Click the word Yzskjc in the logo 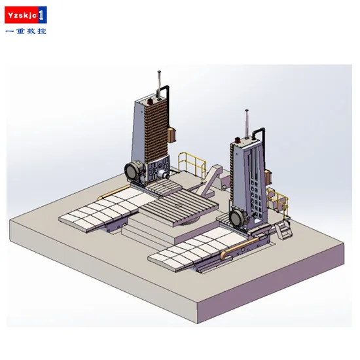22,16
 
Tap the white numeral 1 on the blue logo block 41,16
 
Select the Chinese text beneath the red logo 26,31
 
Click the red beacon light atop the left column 150,101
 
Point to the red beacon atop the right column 237,140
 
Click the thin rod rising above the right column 246,124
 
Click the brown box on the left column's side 171,135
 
